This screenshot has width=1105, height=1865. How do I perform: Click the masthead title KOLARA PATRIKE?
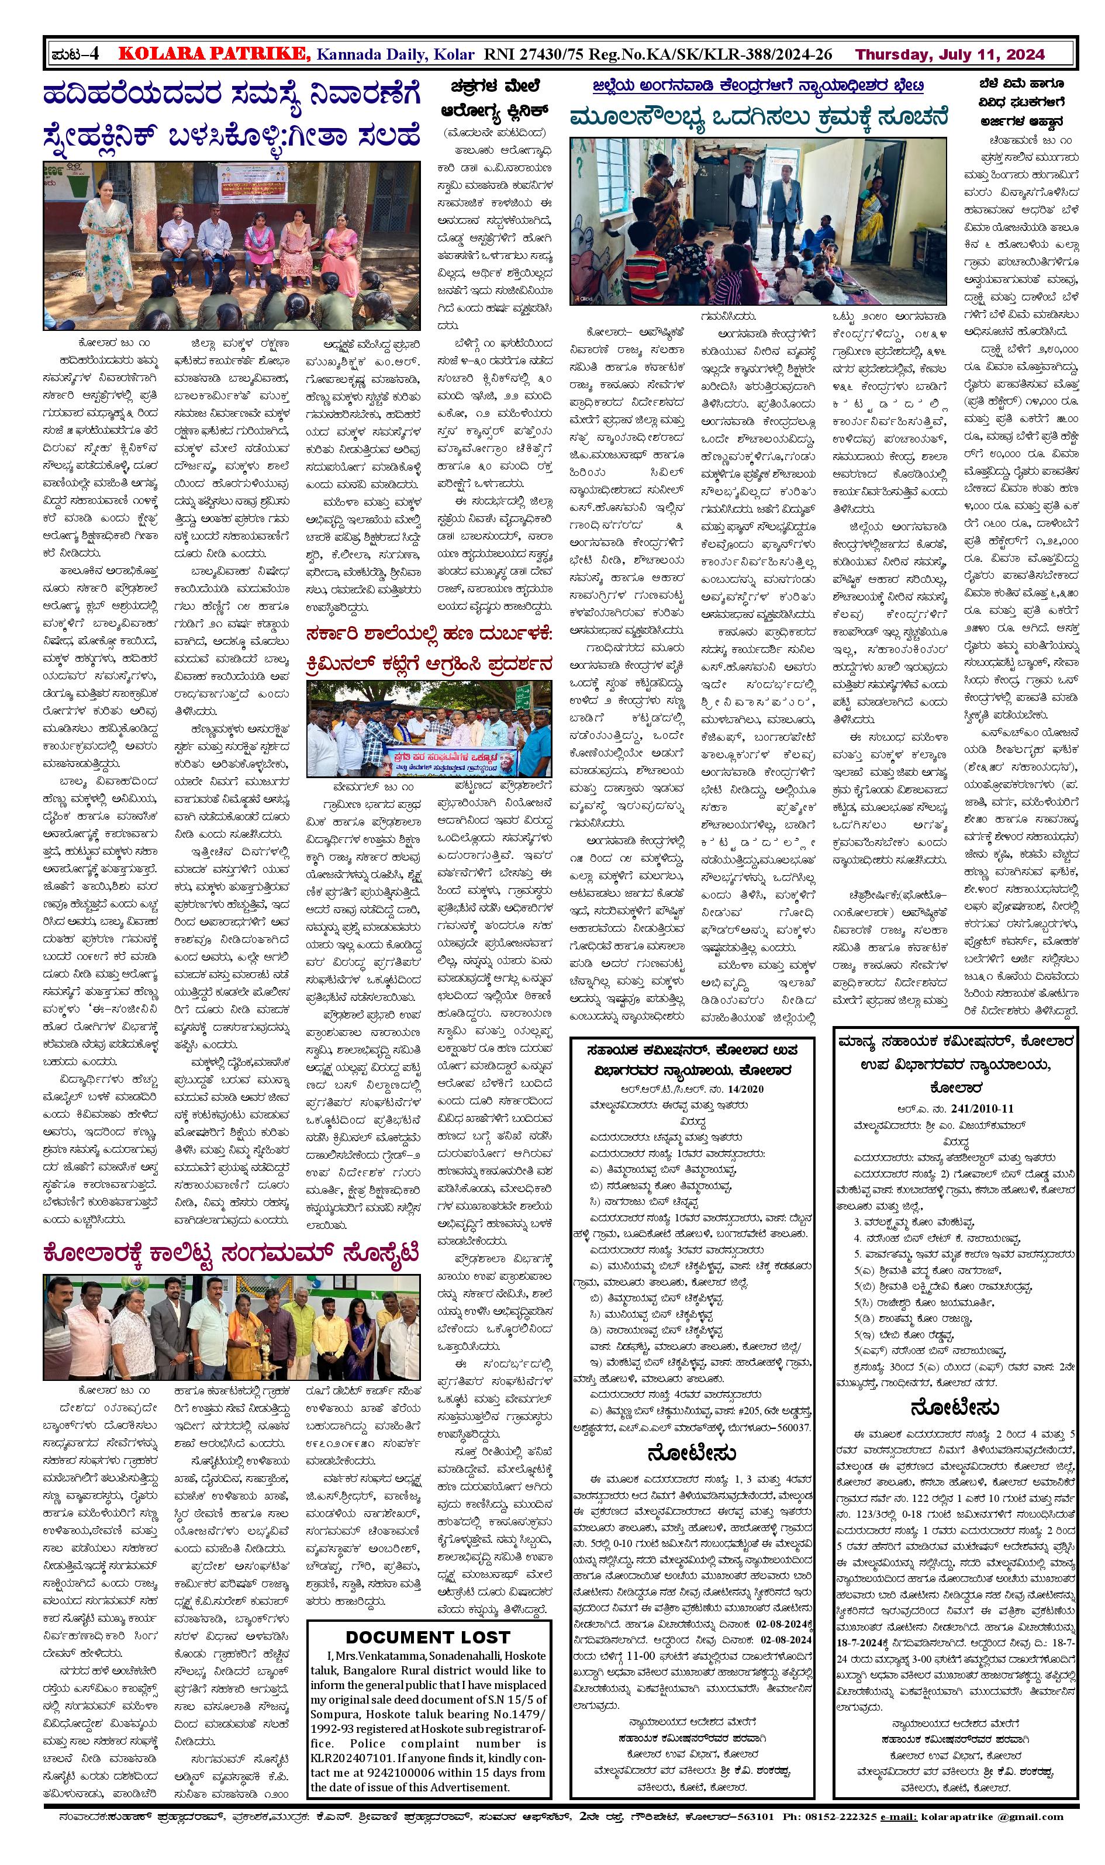[215, 54]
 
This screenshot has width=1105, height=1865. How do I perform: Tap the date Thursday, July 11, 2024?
[949, 54]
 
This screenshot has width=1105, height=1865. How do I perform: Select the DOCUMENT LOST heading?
[427, 1631]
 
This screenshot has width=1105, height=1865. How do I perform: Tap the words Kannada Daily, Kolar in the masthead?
[395, 54]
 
